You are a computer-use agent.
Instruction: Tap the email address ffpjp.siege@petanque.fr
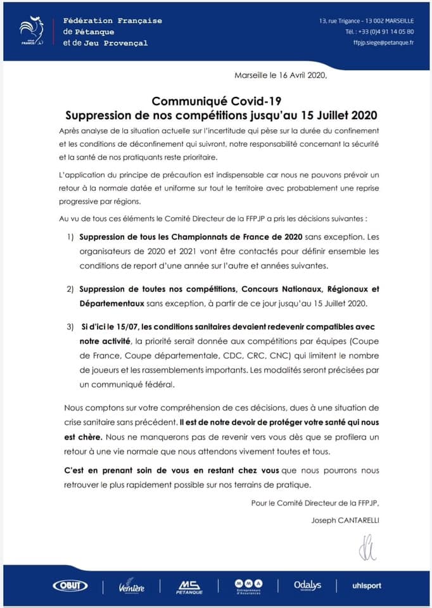point(383,42)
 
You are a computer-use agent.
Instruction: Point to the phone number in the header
point(380,32)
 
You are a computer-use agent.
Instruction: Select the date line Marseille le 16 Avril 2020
point(280,75)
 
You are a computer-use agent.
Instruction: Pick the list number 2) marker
point(70,289)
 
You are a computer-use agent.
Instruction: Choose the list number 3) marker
point(70,327)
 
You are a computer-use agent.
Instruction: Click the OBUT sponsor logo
point(70,586)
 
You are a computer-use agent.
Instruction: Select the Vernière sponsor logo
point(131,586)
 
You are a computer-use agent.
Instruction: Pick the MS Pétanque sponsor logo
point(189,586)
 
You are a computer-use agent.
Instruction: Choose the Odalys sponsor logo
point(308,586)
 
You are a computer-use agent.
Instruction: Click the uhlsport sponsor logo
point(367,586)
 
